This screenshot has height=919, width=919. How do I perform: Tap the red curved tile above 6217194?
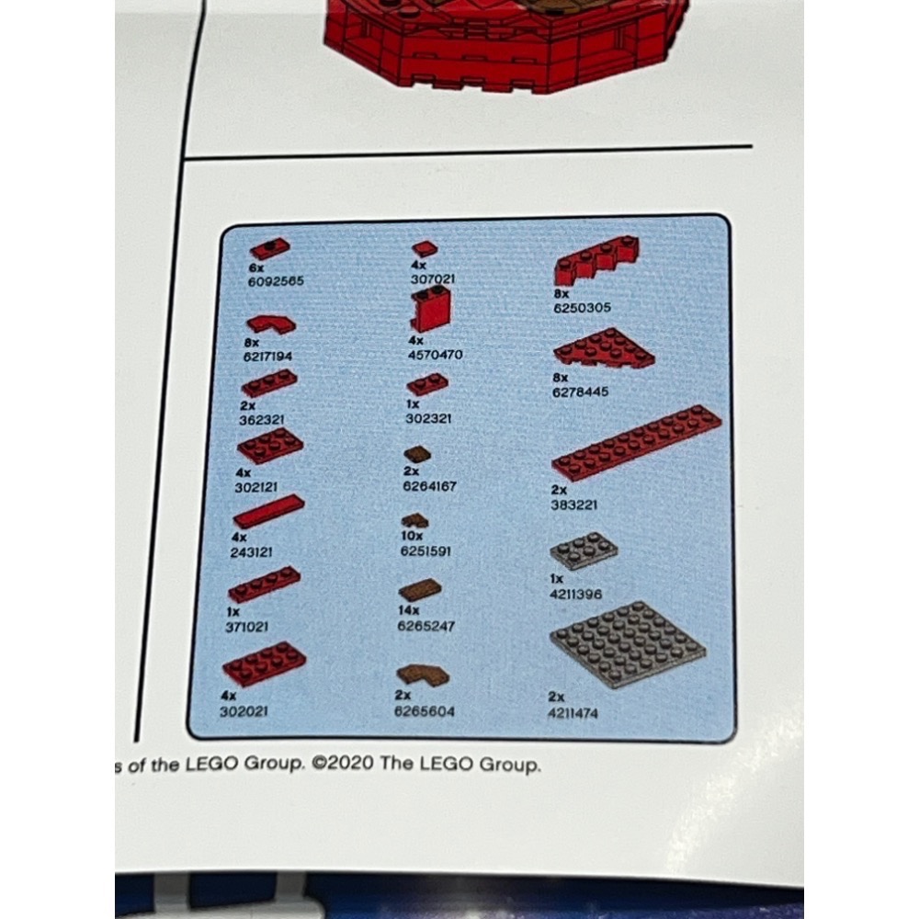pyautogui.click(x=271, y=323)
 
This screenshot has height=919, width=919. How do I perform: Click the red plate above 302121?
pyautogui.click(x=270, y=446)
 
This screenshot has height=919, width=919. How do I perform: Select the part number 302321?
pyautogui.click(x=428, y=415)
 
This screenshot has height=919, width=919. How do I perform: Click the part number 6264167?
pyautogui.click(x=430, y=485)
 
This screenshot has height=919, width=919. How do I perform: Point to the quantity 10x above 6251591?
pyautogui.click(x=411, y=536)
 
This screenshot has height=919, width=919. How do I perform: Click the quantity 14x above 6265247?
pyautogui.click(x=409, y=609)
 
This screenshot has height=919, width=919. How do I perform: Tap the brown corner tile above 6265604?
pyautogui.click(x=423, y=677)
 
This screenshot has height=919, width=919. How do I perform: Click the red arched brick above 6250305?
pyautogui.click(x=599, y=259)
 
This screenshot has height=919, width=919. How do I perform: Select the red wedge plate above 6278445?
pyautogui.click(x=604, y=349)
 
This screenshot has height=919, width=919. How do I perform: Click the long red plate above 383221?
pyautogui.click(x=636, y=444)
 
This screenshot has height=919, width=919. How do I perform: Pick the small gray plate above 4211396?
pyautogui.click(x=584, y=550)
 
